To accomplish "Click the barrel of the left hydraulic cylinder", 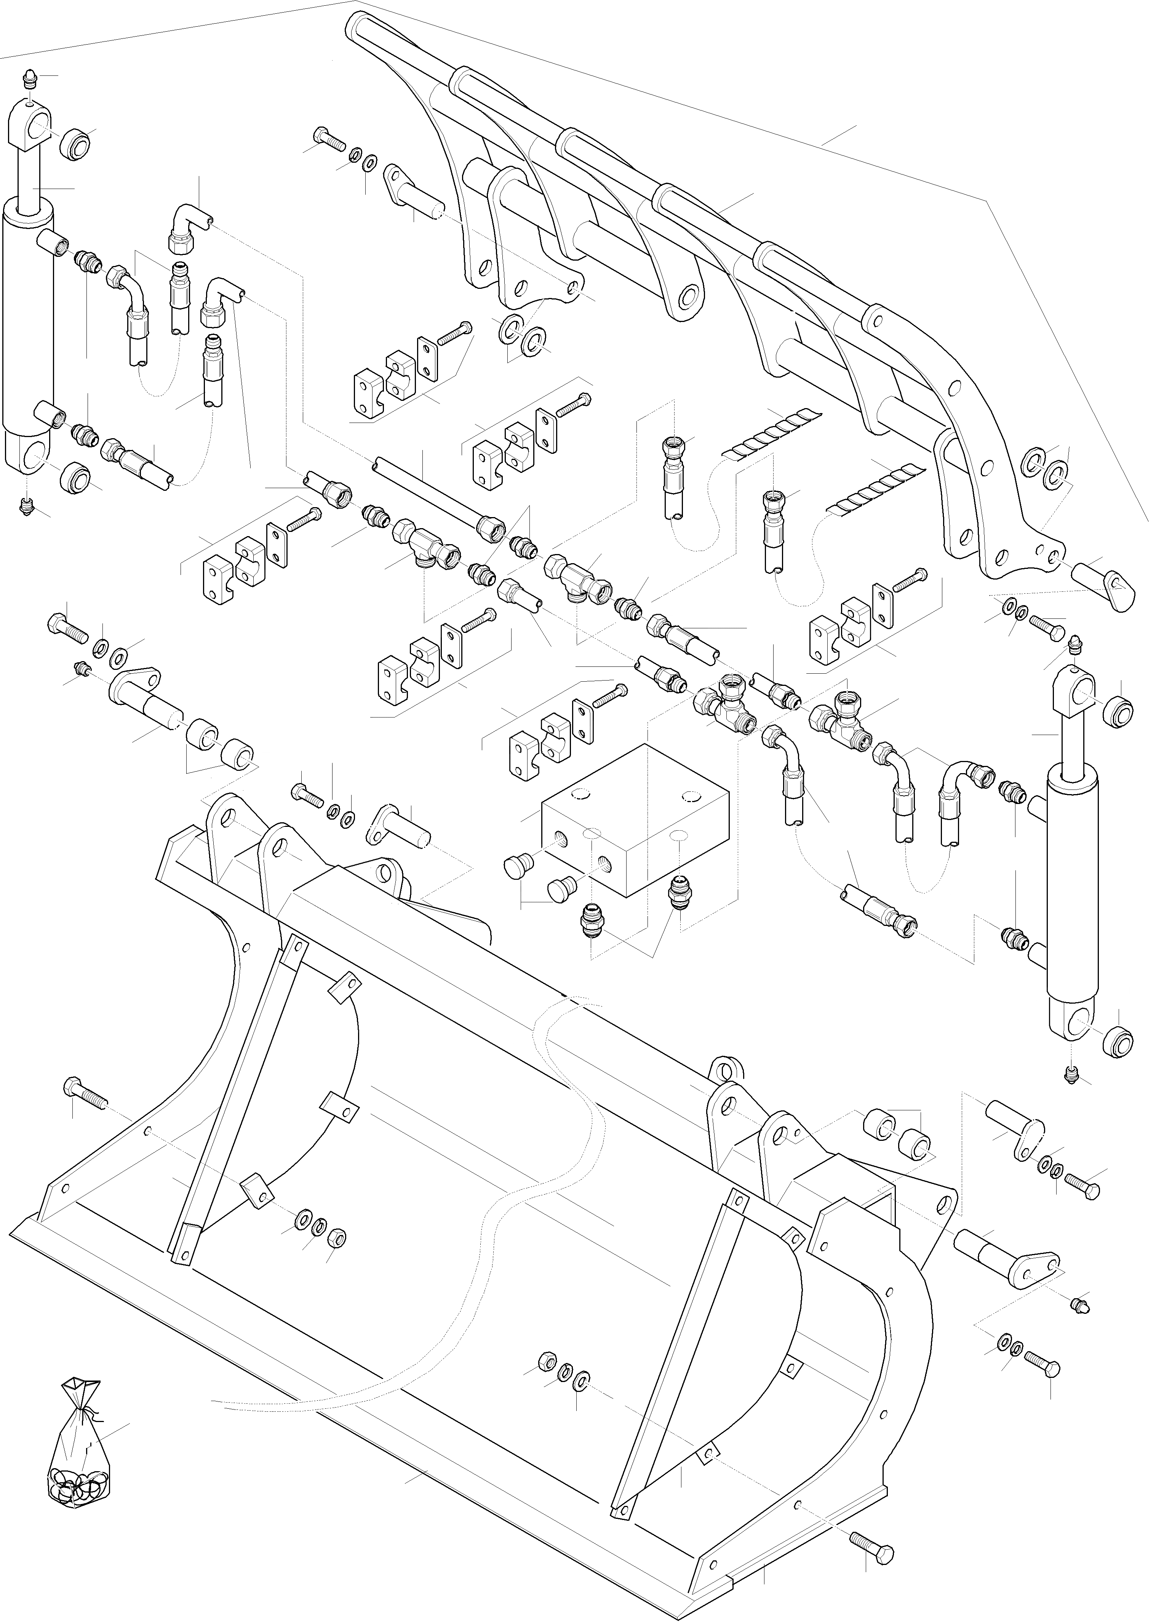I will click(29, 320).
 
